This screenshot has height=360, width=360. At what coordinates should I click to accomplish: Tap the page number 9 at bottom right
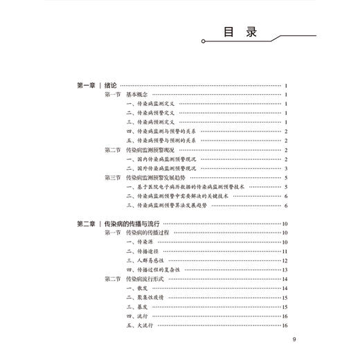tap(294, 339)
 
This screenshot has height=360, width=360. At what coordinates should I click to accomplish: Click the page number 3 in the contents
tap(286, 168)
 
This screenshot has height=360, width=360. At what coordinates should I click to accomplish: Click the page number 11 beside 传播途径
tap(285, 251)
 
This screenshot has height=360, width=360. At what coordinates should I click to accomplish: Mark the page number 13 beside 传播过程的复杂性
tap(285, 269)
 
